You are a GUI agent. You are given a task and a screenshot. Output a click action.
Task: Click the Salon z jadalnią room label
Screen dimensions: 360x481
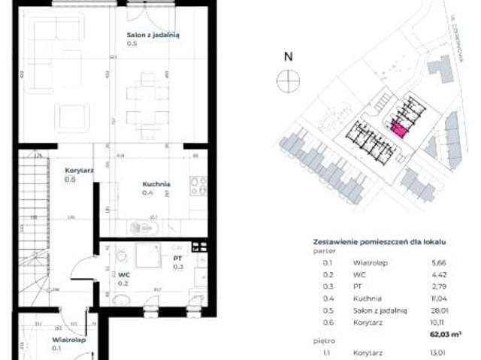(x=153, y=35)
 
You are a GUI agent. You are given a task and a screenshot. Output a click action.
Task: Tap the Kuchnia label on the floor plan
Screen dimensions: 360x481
(x=156, y=184)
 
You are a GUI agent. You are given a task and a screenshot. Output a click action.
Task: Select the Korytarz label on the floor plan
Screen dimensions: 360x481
(x=79, y=171)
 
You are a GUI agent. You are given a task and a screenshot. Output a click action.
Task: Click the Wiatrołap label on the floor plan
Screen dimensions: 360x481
(x=68, y=340)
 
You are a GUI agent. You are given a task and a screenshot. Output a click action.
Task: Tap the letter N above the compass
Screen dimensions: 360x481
(x=288, y=56)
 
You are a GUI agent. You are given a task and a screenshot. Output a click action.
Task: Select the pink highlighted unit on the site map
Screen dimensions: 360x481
(x=399, y=131)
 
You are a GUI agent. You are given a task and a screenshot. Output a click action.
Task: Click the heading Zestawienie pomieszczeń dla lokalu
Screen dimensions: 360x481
(x=380, y=242)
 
